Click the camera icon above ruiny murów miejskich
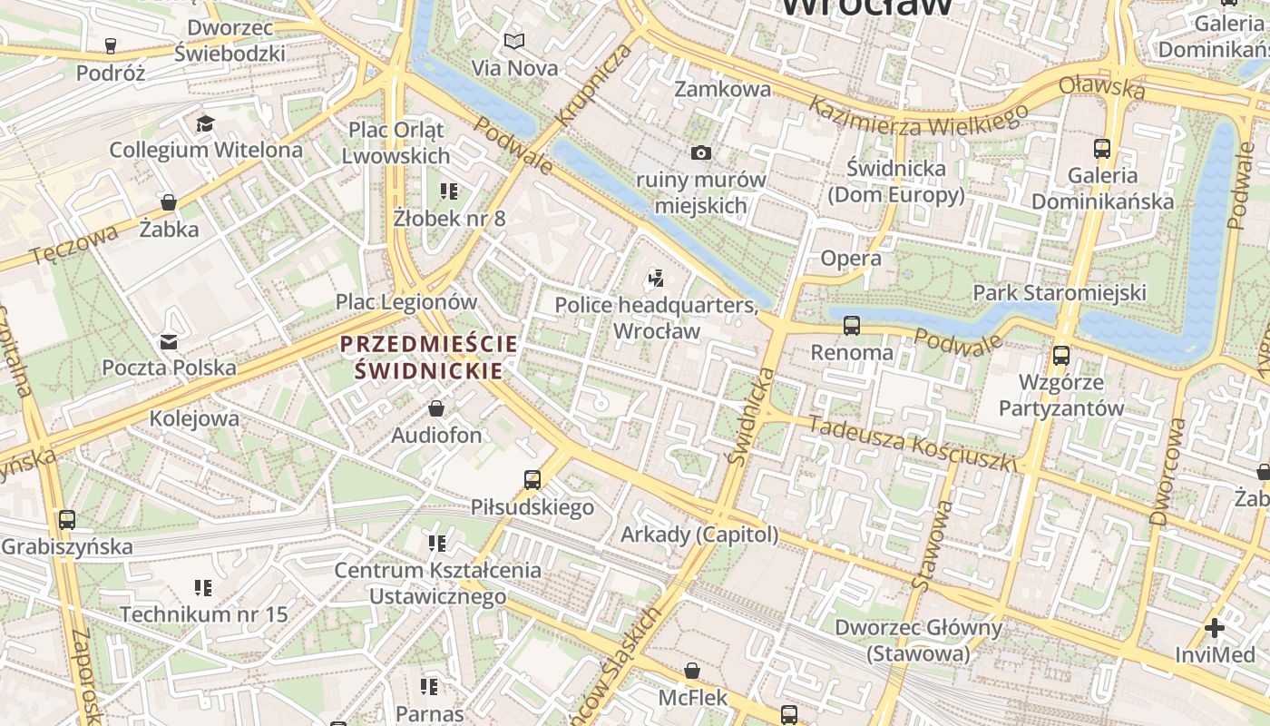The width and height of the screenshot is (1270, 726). click(701, 152)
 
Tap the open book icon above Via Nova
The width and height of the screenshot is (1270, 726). click(514, 41)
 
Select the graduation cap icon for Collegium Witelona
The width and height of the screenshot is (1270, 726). click(205, 123)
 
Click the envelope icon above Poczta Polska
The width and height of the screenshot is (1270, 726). click(169, 342)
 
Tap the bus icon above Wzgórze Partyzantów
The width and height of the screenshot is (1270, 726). click(1061, 355)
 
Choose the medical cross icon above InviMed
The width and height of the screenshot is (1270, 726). click(1214, 628)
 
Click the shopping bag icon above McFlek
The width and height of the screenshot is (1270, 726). click(692, 671)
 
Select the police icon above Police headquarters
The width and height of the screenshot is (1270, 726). click(656, 278)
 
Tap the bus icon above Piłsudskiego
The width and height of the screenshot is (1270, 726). click(532, 479)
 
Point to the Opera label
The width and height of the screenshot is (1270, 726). click(851, 259)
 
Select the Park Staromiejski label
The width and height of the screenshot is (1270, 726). click(1060, 292)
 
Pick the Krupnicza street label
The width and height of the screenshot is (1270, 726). click(593, 83)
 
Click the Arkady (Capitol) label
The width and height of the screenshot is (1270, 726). click(699, 535)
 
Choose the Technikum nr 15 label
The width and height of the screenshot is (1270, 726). click(204, 614)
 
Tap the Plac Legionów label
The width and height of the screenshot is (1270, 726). click(406, 301)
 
